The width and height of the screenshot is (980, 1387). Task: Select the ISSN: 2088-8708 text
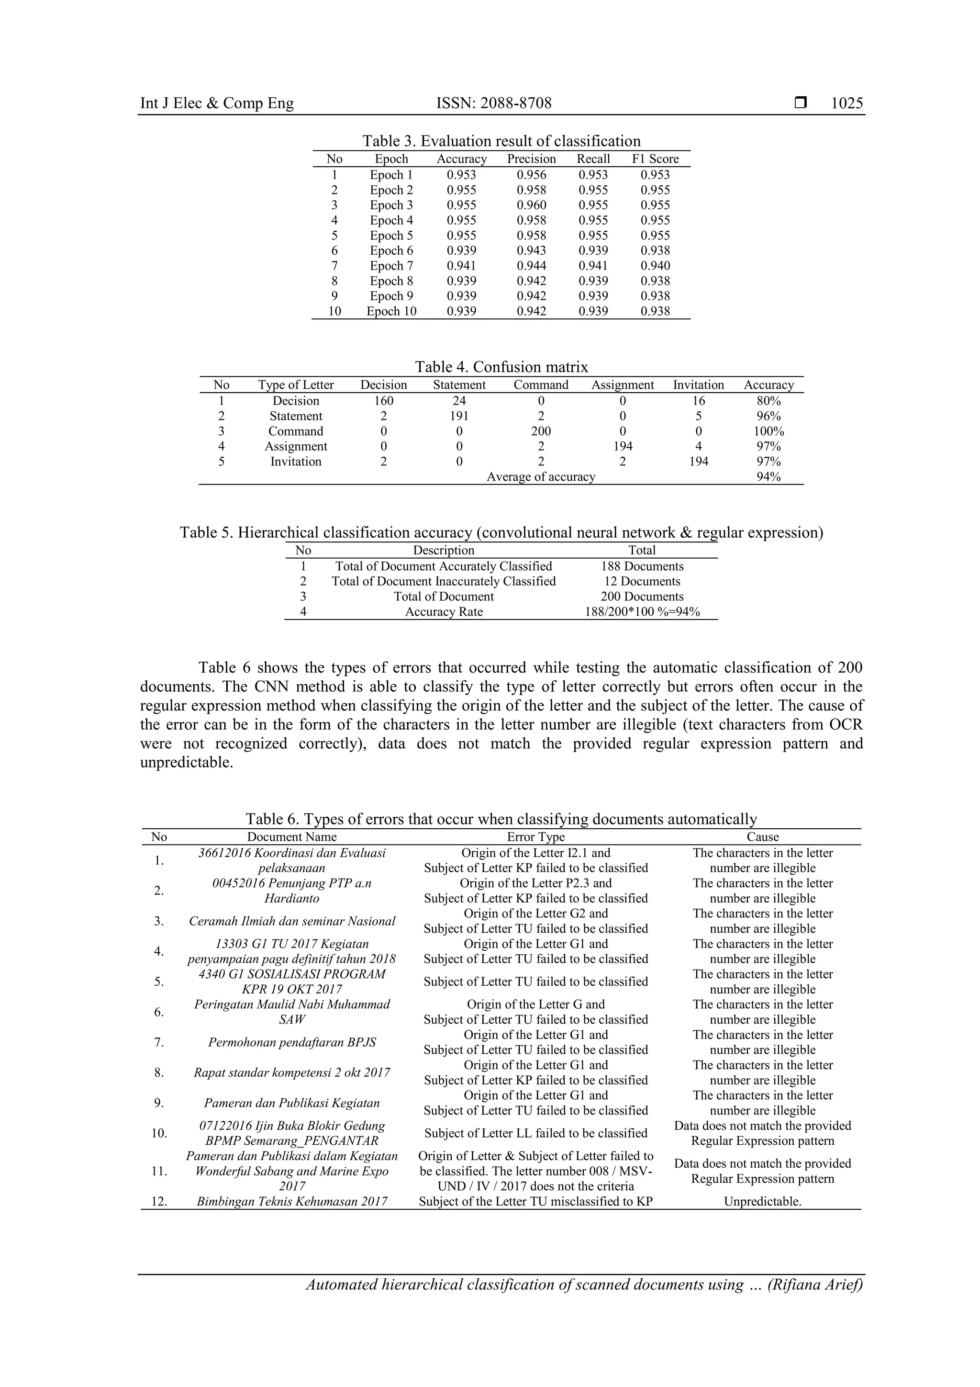tap(493, 103)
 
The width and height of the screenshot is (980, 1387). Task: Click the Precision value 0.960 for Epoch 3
tap(531, 205)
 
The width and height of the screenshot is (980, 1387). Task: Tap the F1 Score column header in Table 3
tap(655, 159)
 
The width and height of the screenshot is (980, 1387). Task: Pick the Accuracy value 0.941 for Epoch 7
tap(461, 266)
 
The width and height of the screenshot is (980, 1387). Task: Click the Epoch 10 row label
tap(391, 312)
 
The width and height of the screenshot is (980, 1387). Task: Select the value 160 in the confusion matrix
tap(383, 401)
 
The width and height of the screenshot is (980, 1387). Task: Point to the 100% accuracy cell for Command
tap(768, 431)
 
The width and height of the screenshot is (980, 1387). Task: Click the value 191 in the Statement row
tap(459, 416)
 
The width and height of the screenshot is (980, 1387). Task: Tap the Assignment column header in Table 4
tap(622, 385)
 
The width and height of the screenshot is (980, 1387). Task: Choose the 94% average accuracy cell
tap(768, 477)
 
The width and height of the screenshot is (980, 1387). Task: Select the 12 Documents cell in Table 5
tap(642, 582)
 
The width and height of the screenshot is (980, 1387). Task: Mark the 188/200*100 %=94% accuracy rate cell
tap(642, 612)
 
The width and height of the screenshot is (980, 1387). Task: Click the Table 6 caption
tap(501, 819)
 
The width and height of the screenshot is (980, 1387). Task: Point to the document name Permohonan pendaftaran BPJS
tap(291, 1043)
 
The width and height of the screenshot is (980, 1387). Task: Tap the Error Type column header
tap(535, 837)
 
